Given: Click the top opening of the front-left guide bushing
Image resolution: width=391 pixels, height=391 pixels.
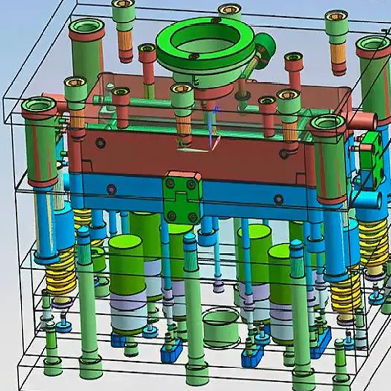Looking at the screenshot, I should (39, 105).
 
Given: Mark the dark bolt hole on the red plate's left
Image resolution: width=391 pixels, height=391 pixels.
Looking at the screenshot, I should (101, 143).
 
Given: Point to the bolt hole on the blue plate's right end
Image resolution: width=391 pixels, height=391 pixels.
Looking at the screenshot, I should (279, 199).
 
